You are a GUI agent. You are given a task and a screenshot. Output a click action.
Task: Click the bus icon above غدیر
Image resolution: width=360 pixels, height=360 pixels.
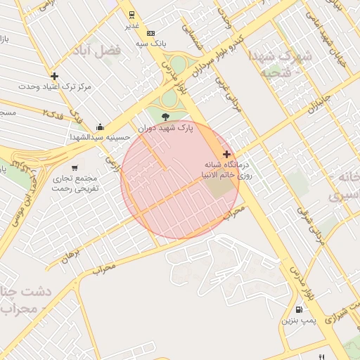point(131,14)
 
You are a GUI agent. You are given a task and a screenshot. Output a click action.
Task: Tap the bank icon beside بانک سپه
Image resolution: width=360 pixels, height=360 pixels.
point(150,33)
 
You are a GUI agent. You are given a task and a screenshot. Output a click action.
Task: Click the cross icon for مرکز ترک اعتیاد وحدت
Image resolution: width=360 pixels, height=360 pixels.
point(54,76)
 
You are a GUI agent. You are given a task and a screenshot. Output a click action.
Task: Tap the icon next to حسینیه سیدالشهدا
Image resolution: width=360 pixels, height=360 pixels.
point(100,127)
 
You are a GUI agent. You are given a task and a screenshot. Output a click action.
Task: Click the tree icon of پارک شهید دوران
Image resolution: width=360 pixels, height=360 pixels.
point(165,117)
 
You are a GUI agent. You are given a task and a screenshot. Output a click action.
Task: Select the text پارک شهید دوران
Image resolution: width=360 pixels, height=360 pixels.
point(165,128)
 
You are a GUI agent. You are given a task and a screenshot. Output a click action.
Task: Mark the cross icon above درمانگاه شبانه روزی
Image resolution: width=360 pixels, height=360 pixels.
point(226,154)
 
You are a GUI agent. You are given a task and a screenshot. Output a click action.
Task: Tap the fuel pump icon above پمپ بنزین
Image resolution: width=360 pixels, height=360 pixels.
point(300,309)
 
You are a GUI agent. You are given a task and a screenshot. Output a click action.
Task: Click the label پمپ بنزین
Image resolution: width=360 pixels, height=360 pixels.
point(300,321)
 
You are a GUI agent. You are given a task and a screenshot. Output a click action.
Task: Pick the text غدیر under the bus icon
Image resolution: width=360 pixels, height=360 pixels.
point(132,25)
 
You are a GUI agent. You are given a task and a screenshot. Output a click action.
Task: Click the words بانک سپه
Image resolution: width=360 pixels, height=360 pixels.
point(151,44)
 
